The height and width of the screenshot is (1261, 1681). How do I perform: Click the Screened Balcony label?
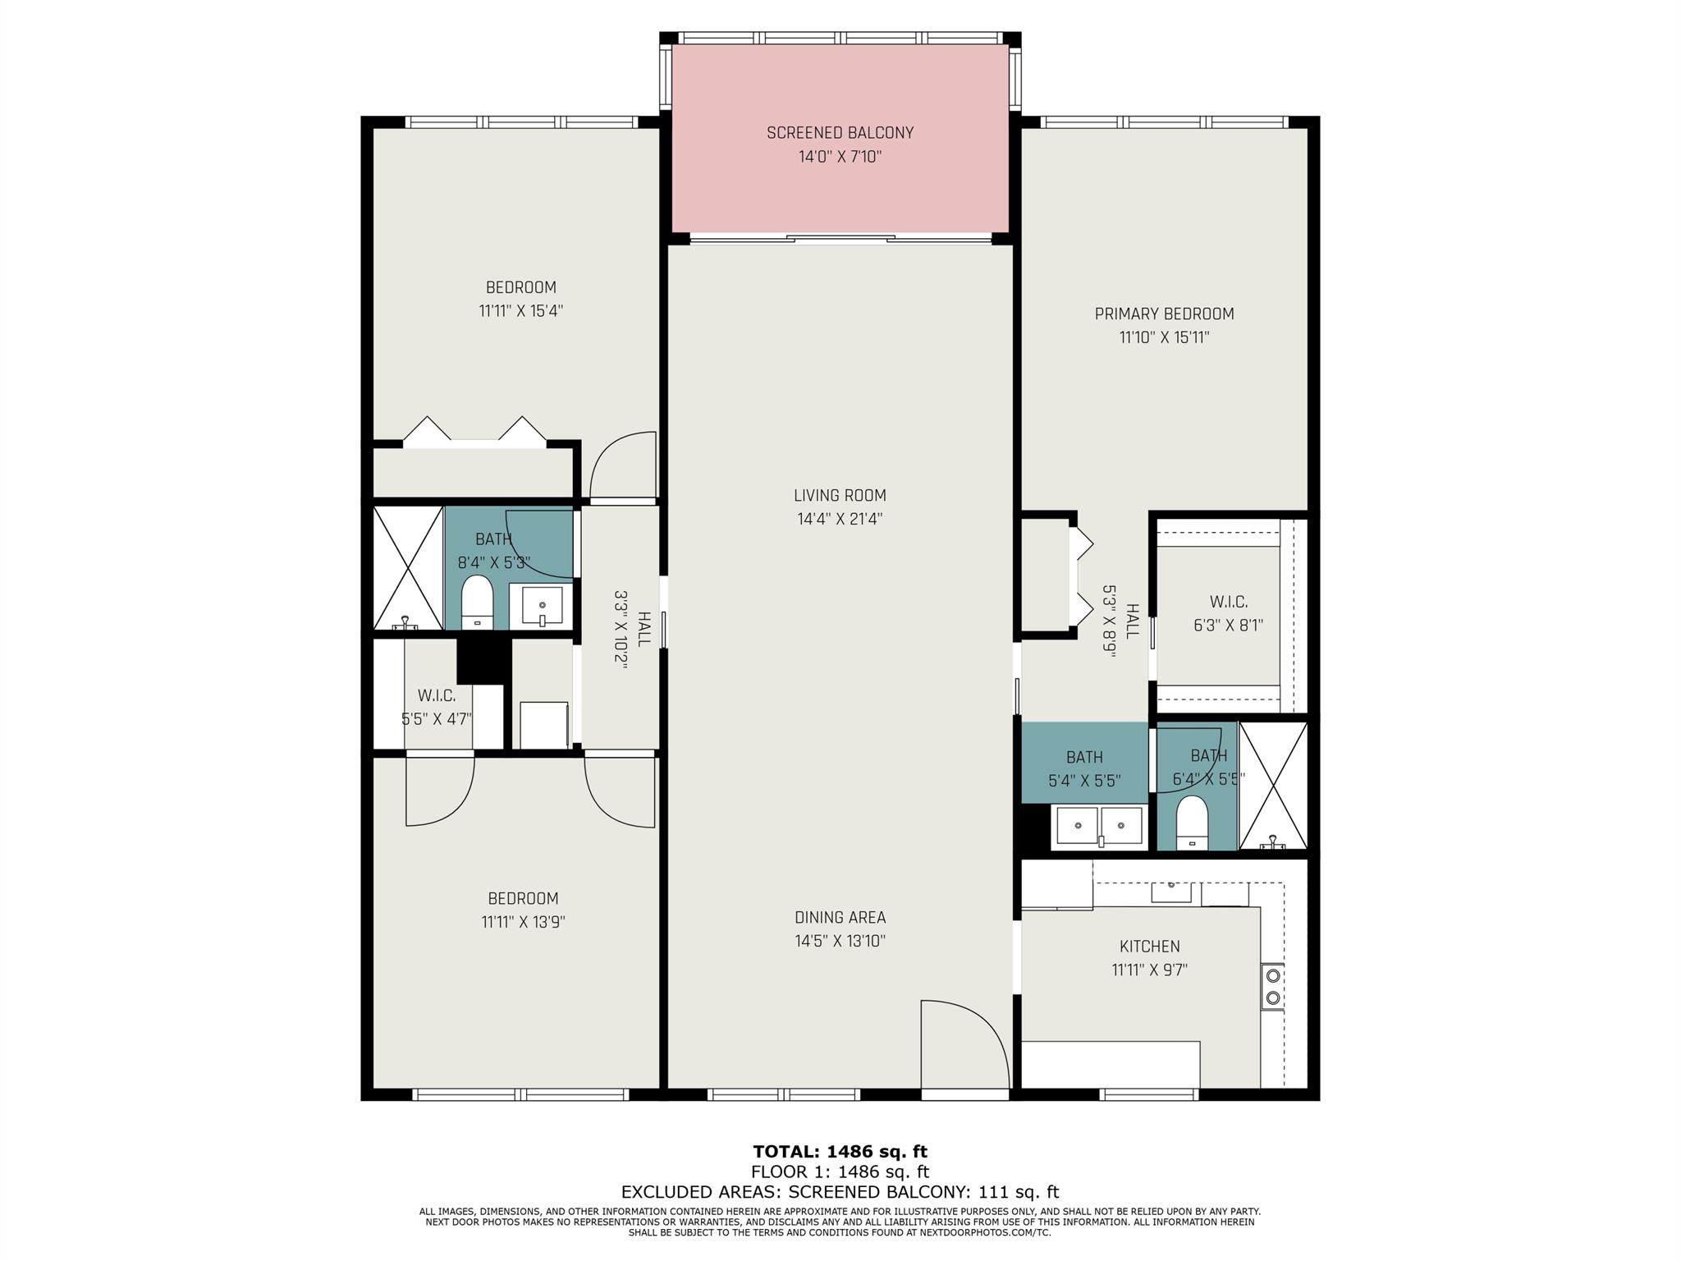pyautogui.click(x=840, y=132)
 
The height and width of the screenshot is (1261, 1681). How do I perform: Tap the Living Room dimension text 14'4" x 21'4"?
pyautogui.click(x=840, y=519)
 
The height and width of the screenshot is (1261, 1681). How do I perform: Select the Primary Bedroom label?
pyautogui.click(x=1164, y=314)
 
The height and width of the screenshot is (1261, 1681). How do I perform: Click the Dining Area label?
pyautogui.click(x=840, y=917)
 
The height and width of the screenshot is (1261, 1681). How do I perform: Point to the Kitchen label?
pyautogui.click(x=1149, y=947)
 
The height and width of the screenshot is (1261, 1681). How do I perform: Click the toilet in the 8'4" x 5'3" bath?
pyautogui.click(x=476, y=602)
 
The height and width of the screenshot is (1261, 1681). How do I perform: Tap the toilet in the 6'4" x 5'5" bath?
pyautogui.click(x=1191, y=822)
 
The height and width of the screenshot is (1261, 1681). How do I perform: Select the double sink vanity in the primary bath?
pyautogui.click(x=1099, y=825)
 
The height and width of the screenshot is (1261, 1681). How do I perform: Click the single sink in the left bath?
pyautogui.click(x=542, y=606)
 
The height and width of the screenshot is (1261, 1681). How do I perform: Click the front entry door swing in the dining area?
pyautogui.click(x=965, y=1045)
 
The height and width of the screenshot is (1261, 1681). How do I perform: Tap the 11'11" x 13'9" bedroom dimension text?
pyautogui.click(x=523, y=922)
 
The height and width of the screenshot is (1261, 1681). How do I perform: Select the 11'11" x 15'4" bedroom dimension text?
pyautogui.click(x=520, y=311)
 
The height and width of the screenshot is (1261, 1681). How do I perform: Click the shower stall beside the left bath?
pyautogui.click(x=409, y=567)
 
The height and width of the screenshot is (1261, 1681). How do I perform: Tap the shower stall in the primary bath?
pyautogui.click(x=1272, y=786)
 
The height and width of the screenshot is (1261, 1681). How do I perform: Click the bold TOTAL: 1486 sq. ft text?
pyautogui.click(x=840, y=1152)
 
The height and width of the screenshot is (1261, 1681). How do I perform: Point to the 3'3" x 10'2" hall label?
pyautogui.click(x=632, y=630)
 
